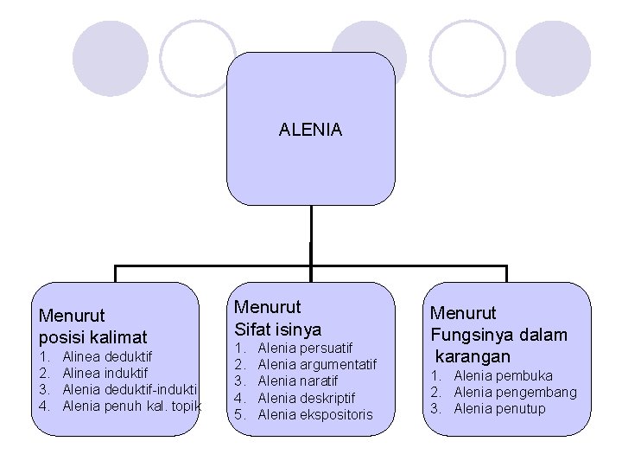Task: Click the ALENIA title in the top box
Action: tap(310, 130)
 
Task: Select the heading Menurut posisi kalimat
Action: tap(93, 326)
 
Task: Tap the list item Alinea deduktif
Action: tap(107, 356)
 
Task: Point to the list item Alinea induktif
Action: tap(105, 373)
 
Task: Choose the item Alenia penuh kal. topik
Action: tap(132, 405)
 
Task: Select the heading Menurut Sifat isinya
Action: tap(277, 317)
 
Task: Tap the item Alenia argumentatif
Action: tap(317, 364)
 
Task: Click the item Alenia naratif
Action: tap(297, 381)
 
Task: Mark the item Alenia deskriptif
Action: tap(306, 398)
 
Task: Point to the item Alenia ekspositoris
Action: tap(314, 414)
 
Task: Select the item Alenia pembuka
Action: tap(503, 375)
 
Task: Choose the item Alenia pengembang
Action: tap(515, 392)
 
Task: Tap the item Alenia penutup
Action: tap(499, 408)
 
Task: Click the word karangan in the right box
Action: tap(473, 355)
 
